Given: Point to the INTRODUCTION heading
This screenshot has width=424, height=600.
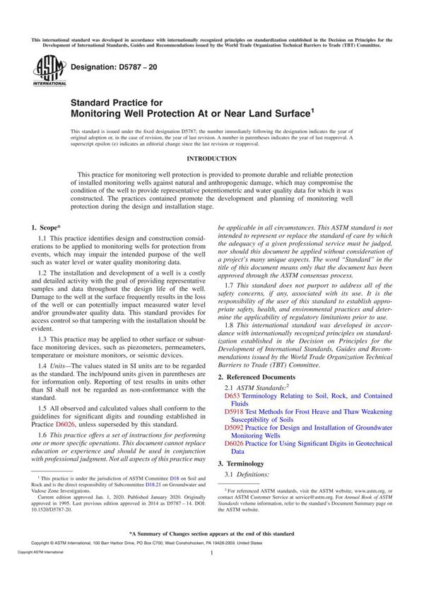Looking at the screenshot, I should coord(211,159).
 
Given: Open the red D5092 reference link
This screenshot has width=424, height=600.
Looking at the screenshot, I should coord(235,427).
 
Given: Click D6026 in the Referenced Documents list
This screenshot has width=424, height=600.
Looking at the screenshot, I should coord(235,443).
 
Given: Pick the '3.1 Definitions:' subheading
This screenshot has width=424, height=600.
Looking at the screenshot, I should coord(247,473).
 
